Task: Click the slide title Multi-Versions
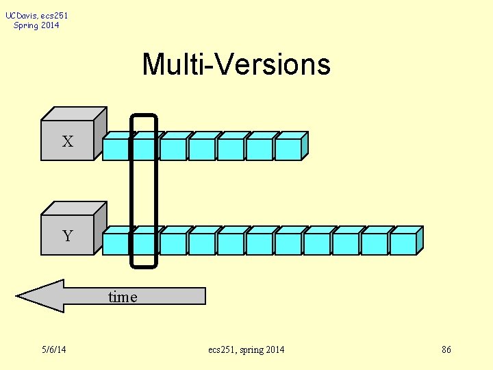point(236,65)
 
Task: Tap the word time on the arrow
point(123,297)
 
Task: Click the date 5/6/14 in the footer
point(53,350)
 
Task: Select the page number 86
point(446,350)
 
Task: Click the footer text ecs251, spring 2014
point(246,350)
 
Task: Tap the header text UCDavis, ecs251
point(37,15)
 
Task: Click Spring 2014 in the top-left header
point(36,25)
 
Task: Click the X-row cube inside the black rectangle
point(144,147)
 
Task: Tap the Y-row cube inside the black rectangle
point(144,242)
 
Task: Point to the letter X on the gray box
point(67,142)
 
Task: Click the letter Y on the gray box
point(67,236)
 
